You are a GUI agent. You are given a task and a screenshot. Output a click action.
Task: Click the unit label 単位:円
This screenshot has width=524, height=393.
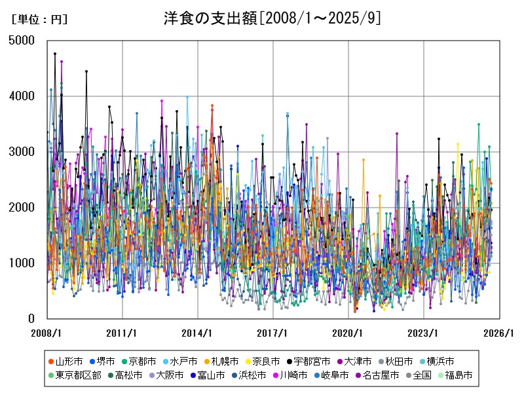click(39, 20)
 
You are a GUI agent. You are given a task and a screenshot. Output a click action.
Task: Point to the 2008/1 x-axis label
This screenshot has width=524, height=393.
click(47, 333)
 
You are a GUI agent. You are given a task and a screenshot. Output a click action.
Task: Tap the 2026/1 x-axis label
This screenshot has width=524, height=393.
click(499, 333)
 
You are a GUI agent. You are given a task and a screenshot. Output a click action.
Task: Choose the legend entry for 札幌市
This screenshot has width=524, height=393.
click(225, 361)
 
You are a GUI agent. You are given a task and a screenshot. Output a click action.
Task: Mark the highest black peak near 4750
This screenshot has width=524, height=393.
click(55, 54)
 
